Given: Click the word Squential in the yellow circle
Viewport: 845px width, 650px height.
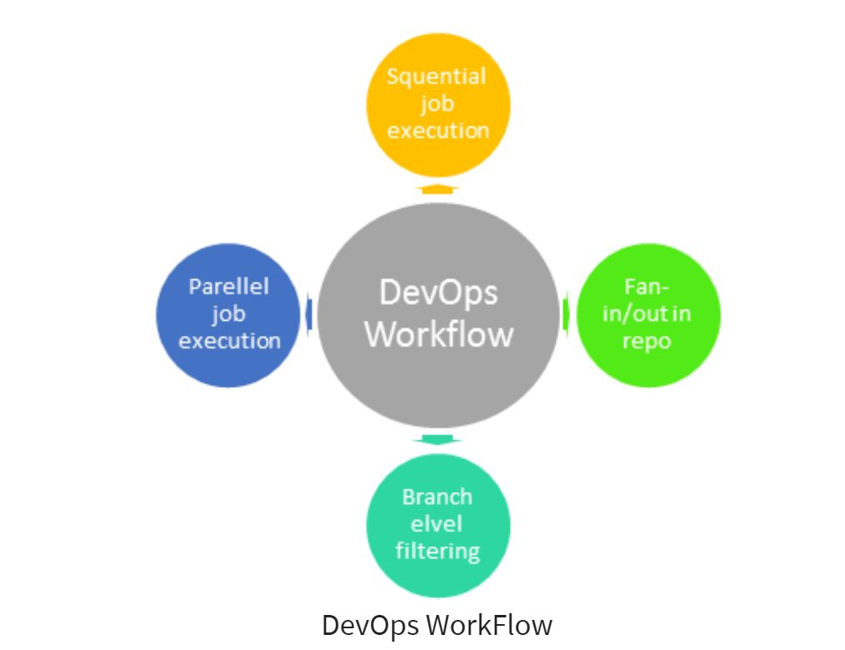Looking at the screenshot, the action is [436, 77].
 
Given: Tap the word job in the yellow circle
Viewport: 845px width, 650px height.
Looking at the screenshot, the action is [436, 104].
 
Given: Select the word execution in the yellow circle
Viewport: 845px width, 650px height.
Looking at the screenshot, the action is [438, 131].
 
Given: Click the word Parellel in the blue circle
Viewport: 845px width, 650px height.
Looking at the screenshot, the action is [229, 287].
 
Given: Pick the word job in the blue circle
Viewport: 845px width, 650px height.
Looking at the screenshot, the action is [227, 314].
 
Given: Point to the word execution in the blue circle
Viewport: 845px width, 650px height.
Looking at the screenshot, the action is [229, 341].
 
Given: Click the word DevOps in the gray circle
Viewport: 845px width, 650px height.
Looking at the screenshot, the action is [439, 293].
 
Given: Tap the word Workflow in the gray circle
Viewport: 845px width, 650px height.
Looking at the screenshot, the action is [439, 334].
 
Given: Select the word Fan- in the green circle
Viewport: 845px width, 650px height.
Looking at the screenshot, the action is [647, 287].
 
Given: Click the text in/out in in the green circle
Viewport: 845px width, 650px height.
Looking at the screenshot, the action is [647, 314].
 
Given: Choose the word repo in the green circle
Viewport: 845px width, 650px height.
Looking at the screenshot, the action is [647, 342].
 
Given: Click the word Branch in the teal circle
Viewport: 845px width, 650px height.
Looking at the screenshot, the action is [437, 497].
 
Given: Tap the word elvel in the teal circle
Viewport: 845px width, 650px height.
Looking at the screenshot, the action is [437, 524].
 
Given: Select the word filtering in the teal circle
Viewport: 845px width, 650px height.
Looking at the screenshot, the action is [437, 551].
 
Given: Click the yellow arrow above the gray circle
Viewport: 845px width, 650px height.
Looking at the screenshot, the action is [437, 190].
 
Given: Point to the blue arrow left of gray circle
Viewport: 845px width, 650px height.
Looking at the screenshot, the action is [308, 314].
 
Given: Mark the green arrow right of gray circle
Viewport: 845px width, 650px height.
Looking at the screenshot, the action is [566, 314].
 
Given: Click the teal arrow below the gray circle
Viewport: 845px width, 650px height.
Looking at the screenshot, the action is [437, 439].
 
